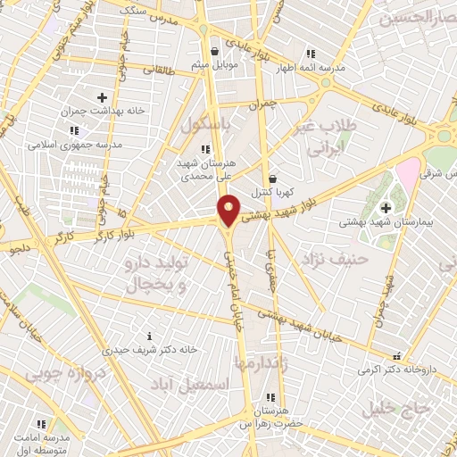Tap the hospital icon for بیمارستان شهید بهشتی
(x=386, y=207)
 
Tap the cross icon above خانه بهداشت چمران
(x=102, y=97)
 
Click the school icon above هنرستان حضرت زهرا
(x=269, y=397)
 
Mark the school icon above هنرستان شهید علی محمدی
(x=205, y=149)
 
